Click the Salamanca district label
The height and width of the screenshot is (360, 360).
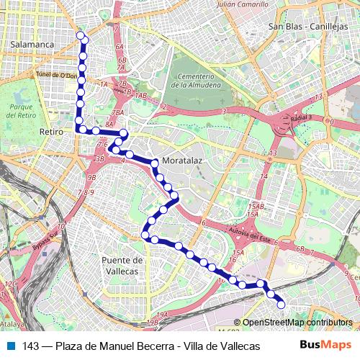click(x=33, y=44)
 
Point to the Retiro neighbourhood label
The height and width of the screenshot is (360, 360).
click(x=52, y=132)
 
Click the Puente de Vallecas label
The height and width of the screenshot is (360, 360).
click(x=122, y=265)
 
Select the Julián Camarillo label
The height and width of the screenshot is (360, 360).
click(x=227, y=4)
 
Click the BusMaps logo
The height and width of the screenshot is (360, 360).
click(x=325, y=346)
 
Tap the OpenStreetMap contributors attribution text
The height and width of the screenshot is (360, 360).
click(x=297, y=323)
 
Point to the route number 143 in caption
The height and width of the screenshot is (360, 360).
click(x=30, y=346)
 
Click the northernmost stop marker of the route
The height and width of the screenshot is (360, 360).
click(x=80, y=35)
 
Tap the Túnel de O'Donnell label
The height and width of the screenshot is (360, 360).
click(x=55, y=76)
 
